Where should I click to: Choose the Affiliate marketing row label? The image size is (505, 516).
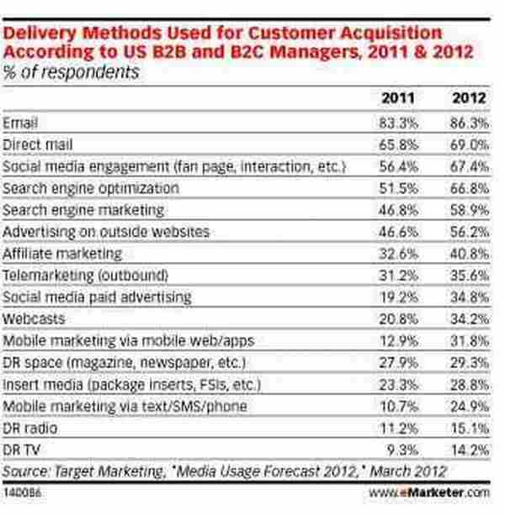coord(63,253)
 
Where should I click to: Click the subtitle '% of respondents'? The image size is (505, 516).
coord(71,73)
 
